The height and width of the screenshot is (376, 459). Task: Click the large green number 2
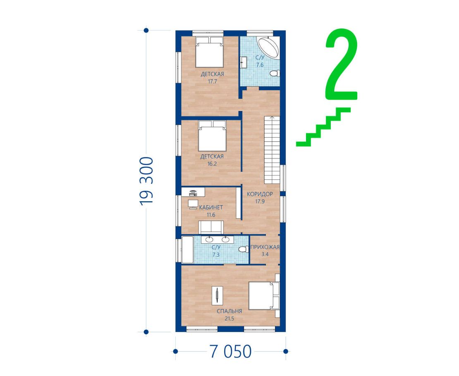click(x=341, y=64)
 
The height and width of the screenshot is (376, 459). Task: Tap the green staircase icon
click(x=323, y=127)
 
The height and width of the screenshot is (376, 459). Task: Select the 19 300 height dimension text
click(x=146, y=181)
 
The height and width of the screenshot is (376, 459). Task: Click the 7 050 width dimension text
click(x=230, y=352)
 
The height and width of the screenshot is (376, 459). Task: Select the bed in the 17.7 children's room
click(x=210, y=52)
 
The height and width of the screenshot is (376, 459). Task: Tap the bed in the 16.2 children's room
click(x=212, y=136)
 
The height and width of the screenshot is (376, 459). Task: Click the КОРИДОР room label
click(x=260, y=194)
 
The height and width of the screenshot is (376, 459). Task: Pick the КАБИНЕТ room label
click(x=211, y=207)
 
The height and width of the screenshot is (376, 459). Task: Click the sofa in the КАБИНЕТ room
click(x=211, y=227)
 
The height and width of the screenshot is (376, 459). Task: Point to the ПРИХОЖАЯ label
click(x=265, y=247)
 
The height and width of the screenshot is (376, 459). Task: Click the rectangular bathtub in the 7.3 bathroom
click(x=187, y=250)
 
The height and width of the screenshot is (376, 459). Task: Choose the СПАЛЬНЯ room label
click(x=229, y=311)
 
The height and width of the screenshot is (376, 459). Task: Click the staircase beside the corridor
click(x=272, y=150)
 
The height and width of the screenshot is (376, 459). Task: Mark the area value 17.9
click(x=260, y=201)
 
